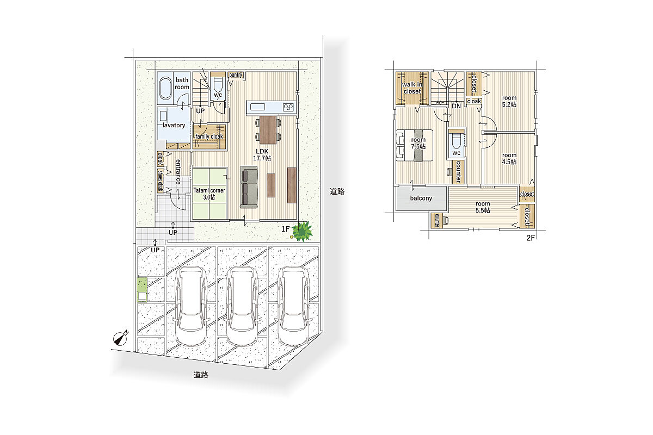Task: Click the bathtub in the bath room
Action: pyautogui.click(x=165, y=89)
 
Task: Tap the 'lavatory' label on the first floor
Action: pyautogui.click(x=174, y=125)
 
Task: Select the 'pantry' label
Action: pyautogui.click(x=235, y=75)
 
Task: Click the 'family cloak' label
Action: pyautogui.click(x=209, y=136)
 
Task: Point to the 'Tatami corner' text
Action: pyautogui.click(x=209, y=190)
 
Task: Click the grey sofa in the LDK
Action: pyautogui.click(x=249, y=187)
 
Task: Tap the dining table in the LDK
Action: pyautogui.click(x=268, y=130)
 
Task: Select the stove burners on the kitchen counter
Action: pyautogui.click(x=288, y=108)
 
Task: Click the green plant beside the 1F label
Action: pyautogui.click(x=303, y=232)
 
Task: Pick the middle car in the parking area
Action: pyautogui.click(x=242, y=306)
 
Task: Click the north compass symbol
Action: pyautogui.click(x=121, y=338)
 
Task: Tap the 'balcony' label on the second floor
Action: pyautogui.click(x=421, y=198)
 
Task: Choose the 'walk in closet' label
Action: pyautogui.click(x=412, y=88)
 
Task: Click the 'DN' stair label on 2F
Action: pyautogui.click(x=456, y=106)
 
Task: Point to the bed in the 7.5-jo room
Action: pyautogui.click(x=415, y=145)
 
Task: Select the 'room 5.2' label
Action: pyautogui.click(x=509, y=101)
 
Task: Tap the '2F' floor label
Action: pyautogui.click(x=531, y=238)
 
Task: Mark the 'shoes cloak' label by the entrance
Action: pyautogui.click(x=161, y=181)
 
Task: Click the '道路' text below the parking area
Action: pyautogui.click(x=201, y=375)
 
